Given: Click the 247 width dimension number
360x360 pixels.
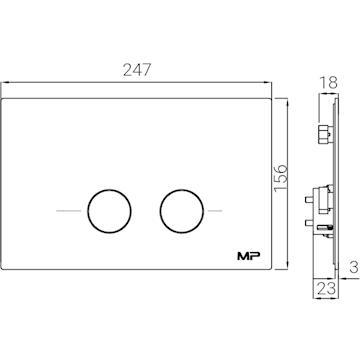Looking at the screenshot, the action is click(x=137, y=70).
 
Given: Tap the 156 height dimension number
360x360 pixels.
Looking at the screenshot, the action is click(x=280, y=178).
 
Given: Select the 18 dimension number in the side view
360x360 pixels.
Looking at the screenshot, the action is click(x=329, y=83).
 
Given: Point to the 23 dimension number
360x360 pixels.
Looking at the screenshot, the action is click(x=326, y=289).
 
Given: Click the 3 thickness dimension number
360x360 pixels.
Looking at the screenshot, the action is click(x=354, y=267).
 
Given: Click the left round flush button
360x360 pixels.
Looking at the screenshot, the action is click(x=109, y=211).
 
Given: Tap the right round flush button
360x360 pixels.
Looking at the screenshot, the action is click(x=182, y=211).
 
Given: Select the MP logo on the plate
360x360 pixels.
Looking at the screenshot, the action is click(x=249, y=256).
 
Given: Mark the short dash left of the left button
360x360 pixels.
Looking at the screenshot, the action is click(x=69, y=211).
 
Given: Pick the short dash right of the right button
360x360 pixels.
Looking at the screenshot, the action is click(x=215, y=211).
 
